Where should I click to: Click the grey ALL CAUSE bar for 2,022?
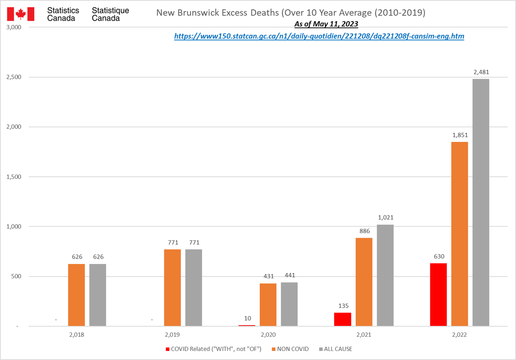[x=481, y=202]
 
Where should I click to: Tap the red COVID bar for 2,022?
[x=439, y=295]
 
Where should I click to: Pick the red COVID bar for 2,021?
[x=343, y=319]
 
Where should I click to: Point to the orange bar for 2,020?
[x=268, y=305]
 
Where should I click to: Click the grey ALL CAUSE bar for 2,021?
[x=385, y=275]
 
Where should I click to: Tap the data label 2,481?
[x=481, y=72]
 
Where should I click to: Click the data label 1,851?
[x=460, y=135]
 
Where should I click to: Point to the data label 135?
[x=343, y=306]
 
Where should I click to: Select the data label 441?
[x=289, y=276]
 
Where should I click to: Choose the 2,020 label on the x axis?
[x=268, y=334]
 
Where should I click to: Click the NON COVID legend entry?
[x=291, y=349]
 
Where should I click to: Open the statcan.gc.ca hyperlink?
[x=319, y=37]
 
